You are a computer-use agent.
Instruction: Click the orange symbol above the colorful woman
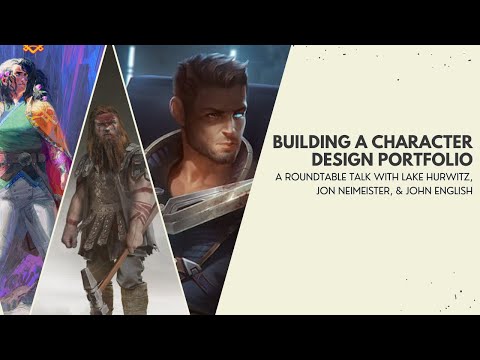click(x=34, y=49)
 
